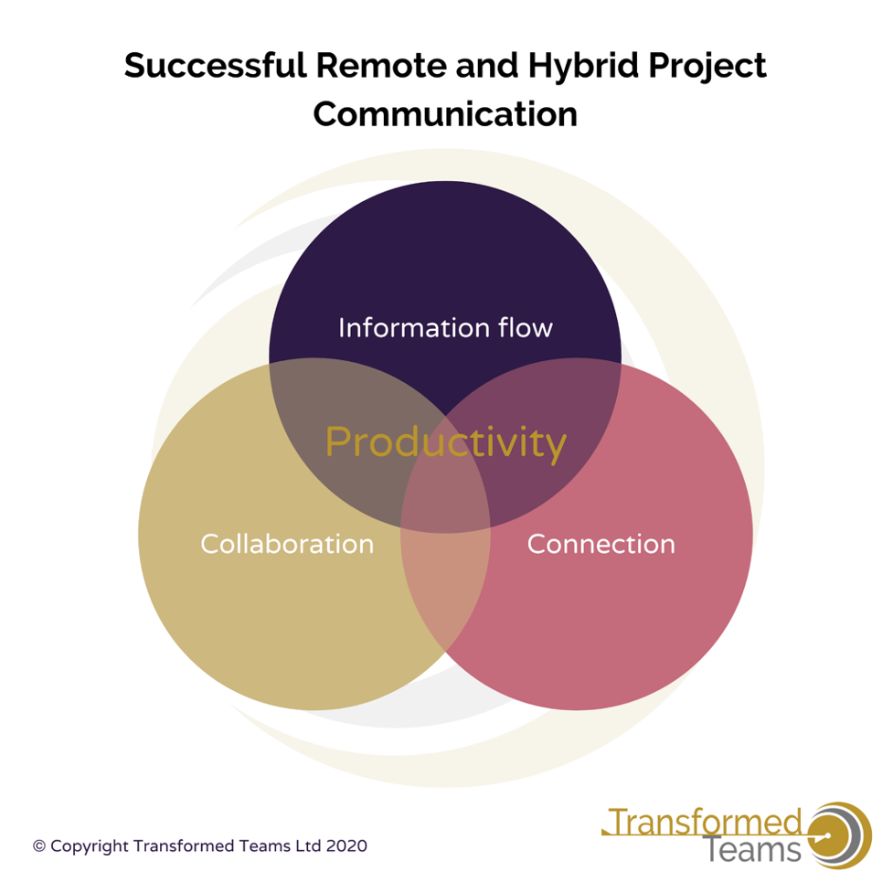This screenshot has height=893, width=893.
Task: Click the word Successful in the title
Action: click(216, 65)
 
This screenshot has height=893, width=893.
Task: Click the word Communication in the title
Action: click(445, 114)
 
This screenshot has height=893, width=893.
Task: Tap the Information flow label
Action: click(445, 327)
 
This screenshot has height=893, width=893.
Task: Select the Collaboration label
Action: click(287, 544)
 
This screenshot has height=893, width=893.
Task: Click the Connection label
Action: click(601, 544)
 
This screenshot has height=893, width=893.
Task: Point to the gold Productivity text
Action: click(445, 444)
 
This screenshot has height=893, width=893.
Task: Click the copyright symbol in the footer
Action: click(38, 846)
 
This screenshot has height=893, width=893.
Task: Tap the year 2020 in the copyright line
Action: click(346, 845)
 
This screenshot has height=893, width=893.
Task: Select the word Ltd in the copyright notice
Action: click(308, 845)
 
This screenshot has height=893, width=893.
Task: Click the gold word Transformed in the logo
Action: click(705, 823)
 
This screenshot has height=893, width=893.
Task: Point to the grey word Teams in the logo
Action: click(751, 850)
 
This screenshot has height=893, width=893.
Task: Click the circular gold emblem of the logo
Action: click(838, 835)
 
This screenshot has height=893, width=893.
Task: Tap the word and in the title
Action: click(487, 65)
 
